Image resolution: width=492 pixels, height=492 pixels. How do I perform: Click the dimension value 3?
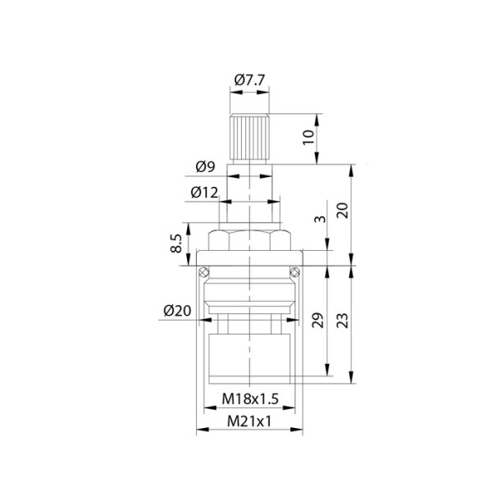point(320,219)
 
